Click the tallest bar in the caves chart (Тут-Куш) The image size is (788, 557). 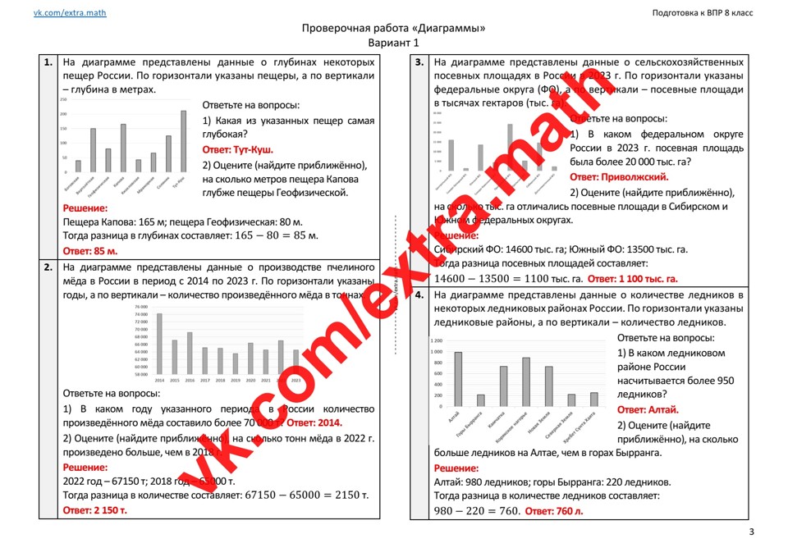(x=183, y=141)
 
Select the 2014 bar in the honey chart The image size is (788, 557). (x=159, y=345)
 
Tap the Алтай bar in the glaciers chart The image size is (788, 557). (x=458, y=379)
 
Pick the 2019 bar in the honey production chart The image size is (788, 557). (x=235, y=363)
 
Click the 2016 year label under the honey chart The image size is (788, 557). (x=190, y=381)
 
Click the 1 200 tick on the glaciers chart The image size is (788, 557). (x=435, y=340)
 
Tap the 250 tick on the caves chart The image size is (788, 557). (x=63, y=99)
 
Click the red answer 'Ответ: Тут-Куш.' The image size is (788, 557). (x=238, y=150)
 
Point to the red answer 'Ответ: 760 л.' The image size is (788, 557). (x=554, y=512)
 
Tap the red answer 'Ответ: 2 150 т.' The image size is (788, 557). (x=95, y=510)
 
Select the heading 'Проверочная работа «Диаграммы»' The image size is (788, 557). (x=394, y=29)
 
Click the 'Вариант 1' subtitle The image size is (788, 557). (x=393, y=43)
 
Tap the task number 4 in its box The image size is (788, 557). (x=419, y=294)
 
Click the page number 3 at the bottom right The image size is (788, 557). (x=751, y=533)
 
